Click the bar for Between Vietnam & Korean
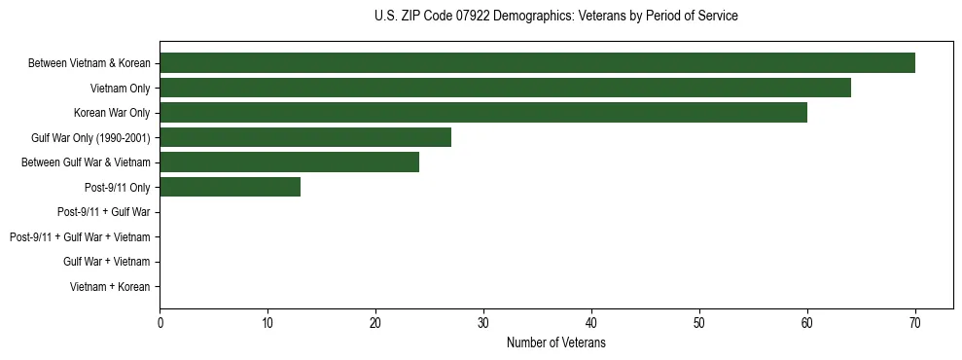tap(537, 63)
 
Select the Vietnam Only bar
tap(505, 89)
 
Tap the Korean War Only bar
tap(483, 113)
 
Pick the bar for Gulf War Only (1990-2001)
tap(305, 137)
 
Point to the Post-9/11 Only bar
tap(230, 187)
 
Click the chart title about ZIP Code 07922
tap(555, 17)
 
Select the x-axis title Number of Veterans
tap(555, 342)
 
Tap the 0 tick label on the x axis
tap(160, 323)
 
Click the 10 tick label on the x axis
tap(267, 323)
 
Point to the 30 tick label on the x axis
tap(483, 323)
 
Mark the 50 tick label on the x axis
tap(699, 323)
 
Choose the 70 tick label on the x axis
tap(914, 323)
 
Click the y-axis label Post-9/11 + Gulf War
tap(103, 212)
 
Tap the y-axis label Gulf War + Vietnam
tap(106, 262)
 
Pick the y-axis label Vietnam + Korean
tap(110, 286)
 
